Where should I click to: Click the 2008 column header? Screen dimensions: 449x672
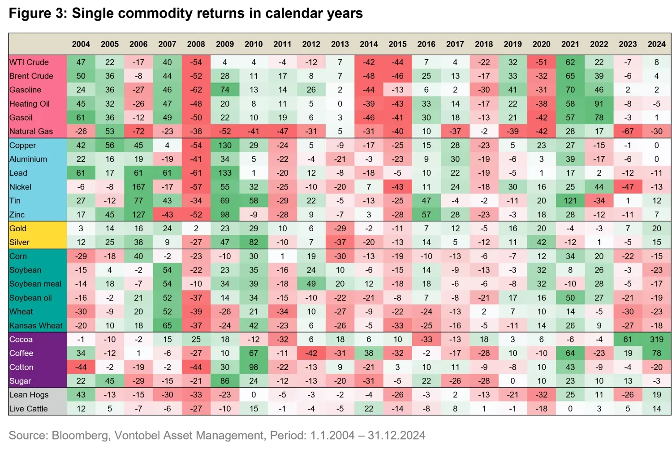pos(196,44)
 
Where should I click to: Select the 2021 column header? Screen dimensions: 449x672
pos(570,44)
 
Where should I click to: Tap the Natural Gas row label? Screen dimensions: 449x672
pos(31,131)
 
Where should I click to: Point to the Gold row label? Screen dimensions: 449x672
pos(18,229)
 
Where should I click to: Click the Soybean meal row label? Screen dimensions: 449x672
pos(35,284)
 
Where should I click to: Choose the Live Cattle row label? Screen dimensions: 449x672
pos(29,409)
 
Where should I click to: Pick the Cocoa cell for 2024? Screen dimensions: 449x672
pos(656,339)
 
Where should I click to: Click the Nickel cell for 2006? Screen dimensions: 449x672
pos(138,187)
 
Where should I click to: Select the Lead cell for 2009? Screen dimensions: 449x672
pos(225,173)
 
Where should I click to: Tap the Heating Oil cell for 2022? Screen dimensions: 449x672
pos(599,104)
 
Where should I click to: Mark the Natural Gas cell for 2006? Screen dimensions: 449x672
pos(138,131)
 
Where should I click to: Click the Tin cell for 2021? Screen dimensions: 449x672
pos(570,201)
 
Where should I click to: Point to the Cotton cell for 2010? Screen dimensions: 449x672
pos(254,367)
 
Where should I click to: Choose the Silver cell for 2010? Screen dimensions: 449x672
pos(254,242)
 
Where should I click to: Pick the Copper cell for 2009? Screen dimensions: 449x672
pos(225,145)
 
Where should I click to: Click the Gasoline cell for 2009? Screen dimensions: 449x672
pos(225,90)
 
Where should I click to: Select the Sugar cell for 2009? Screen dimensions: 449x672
pos(225,381)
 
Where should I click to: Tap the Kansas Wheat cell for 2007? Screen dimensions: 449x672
pos(167,326)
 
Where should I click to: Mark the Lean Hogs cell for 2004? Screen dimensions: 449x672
pos(81,395)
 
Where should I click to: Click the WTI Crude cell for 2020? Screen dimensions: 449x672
pos(541,62)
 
